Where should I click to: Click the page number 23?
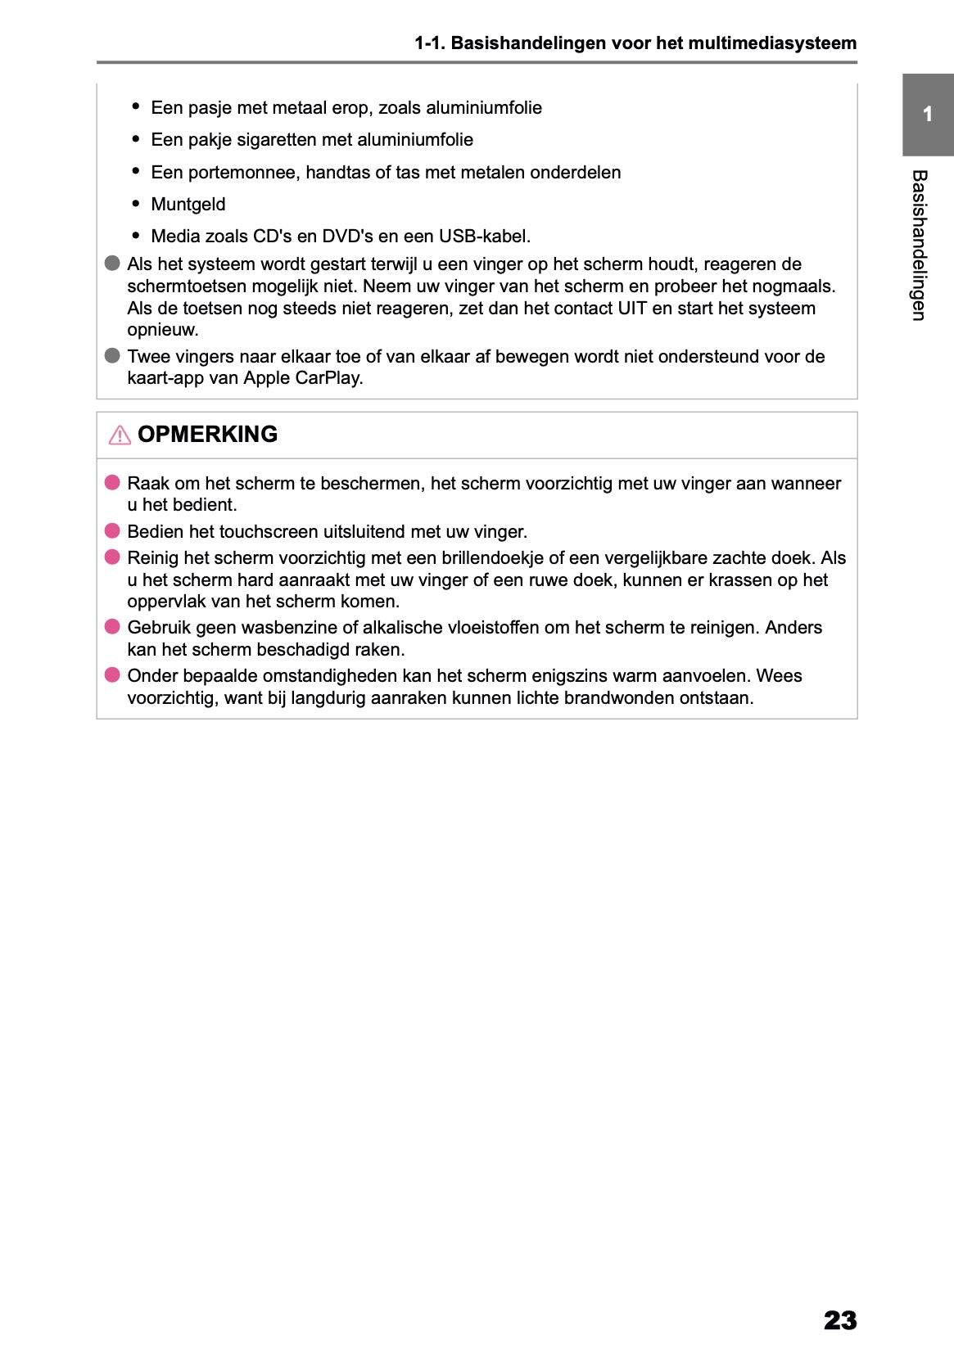click(839, 1319)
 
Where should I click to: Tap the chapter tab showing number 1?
click(927, 115)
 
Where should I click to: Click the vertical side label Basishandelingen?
click(920, 245)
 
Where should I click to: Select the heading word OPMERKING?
click(207, 435)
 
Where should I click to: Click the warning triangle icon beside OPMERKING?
click(120, 435)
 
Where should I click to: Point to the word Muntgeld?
click(188, 205)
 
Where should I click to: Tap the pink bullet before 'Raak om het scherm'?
click(112, 483)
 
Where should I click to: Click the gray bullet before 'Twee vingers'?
click(112, 356)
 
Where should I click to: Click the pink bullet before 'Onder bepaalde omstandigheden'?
click(112, 675)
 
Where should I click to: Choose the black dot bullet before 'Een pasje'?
click(136, 107)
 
